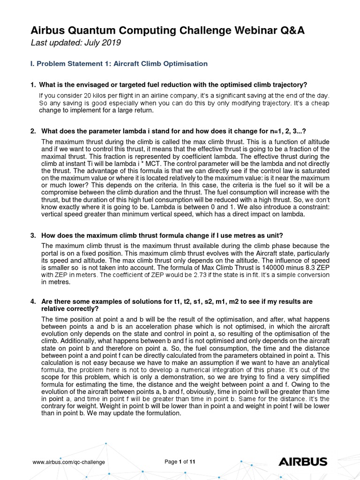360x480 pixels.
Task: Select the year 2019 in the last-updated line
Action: pos(112,43)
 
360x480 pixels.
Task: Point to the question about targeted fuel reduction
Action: pos(173,84)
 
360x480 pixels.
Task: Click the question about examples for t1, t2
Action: pos(176,300)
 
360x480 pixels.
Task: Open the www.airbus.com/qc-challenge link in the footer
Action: pos(68,462)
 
